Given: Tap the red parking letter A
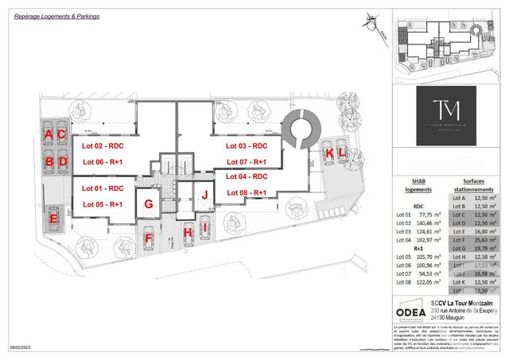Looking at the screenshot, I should pyautogui.click(x=49, y=134).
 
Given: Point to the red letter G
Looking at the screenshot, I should pyautogui.click(x=148, y=203).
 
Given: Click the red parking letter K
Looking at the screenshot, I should pyautogui.click(x=328, y=153).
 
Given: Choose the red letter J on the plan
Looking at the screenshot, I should pyautogui.click(x=205, y=194).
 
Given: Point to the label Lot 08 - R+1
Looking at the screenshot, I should pyautogui.click(x=247, y=193).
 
